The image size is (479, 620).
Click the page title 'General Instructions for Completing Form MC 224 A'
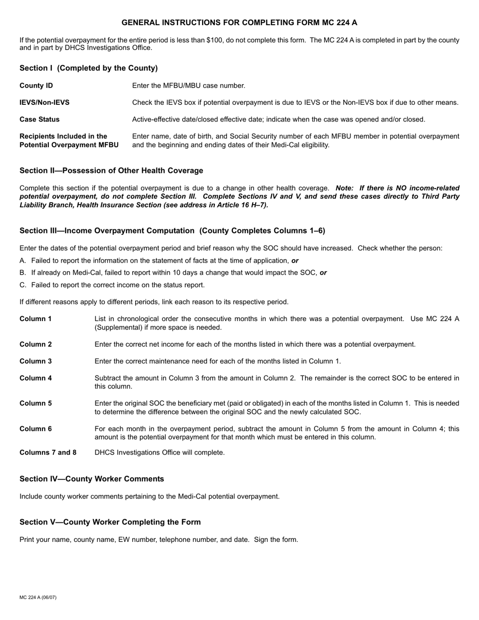[239, 23]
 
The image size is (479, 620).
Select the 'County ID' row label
[36, 86]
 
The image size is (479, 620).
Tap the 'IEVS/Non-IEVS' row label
[45, 103]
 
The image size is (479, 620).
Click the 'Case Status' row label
[39, 119]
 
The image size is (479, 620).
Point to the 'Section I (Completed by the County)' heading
[89, 68]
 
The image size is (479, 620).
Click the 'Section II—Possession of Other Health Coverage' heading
[111, 170]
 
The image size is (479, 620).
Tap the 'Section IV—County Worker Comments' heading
[92, 479]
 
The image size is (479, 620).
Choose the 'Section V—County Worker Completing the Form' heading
[110, 522]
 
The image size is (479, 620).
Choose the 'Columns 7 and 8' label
[48, 453]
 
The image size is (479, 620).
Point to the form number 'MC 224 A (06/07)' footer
[38, 597]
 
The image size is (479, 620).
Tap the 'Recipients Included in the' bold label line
[64, 136]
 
